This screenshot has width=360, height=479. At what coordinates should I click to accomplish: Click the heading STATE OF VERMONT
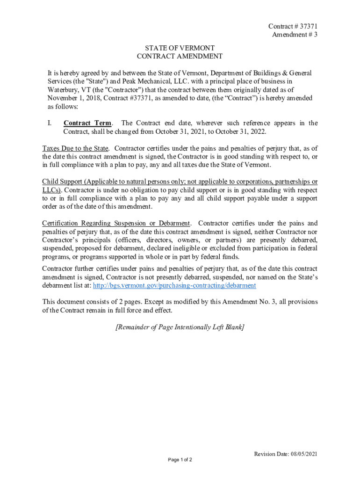(180, 48)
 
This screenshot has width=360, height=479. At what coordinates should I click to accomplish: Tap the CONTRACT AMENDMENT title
(180, 57)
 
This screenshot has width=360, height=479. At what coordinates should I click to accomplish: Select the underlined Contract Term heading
(87, 123)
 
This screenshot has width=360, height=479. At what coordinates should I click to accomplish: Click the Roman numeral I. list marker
(49, 123)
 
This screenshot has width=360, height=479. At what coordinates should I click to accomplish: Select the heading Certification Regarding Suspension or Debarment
(116, 223)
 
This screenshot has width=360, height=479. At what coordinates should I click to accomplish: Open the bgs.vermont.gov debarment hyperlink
(174, 285)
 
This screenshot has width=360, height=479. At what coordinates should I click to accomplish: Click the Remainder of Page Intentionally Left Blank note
(180, 327)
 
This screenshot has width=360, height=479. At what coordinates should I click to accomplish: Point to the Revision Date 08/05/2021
(286, 454)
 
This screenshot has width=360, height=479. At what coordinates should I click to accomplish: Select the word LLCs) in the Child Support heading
(52, 190)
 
